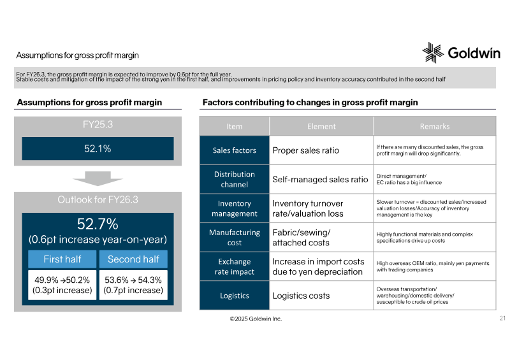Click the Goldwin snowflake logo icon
click(x=433, y=52)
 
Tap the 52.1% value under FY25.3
click(x=98, y=148)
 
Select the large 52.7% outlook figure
click(x=98, y=224)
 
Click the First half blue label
click(x=62, y=259)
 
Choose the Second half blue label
click(x=133, y=259)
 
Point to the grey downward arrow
click(x=98, y=178)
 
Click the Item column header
click(x=235, y=126)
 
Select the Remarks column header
click(x=435, y=126)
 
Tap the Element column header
click(x=321, y=126)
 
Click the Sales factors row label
click(x=235, y=150)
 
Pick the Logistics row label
click(x=235, y=296)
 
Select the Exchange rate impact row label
click(x=235, y=267)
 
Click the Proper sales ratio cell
click(x=321, y=150)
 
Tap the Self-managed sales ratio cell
click(x=321, y=180)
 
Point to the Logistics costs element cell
click(x=321, y=296)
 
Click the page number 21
click(x=502, y=318)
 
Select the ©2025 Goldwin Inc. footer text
click(x=256, y=319)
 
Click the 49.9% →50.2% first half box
click(x=62, y=285)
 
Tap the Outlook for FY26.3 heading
click(x=98, y=199)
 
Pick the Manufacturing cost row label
click(x=235, y=238)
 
